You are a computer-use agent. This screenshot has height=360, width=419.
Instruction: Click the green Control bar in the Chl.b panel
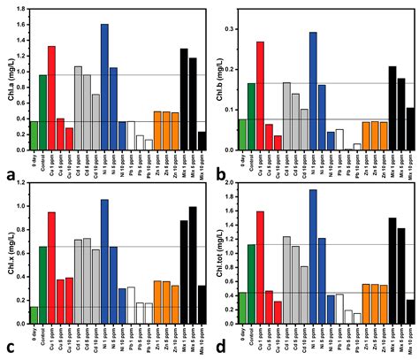[x=251, y=117]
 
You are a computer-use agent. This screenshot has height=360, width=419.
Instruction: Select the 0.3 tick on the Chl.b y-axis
[x=231, y=29]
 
